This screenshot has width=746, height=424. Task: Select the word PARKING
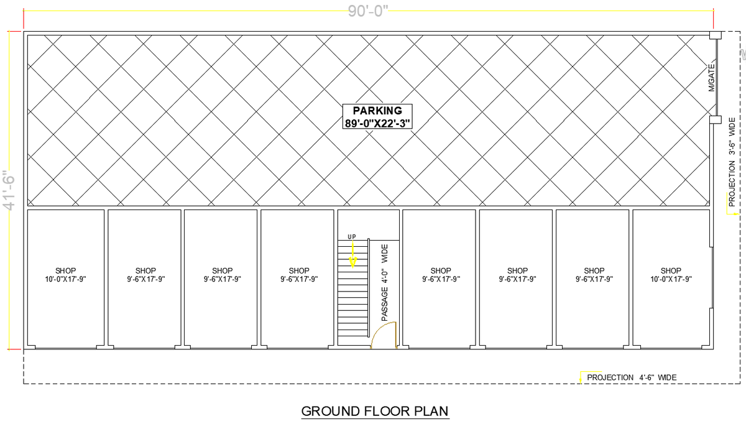pos(377,111)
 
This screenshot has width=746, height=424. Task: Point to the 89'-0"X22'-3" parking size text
pos(377,123)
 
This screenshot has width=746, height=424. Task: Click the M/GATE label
pos(712,78)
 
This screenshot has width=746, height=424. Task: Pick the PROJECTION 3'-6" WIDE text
pos(732,162)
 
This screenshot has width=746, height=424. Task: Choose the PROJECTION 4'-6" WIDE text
pos(632,377)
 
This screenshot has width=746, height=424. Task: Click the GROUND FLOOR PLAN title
pos(375,411)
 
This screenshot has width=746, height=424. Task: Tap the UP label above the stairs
pos(352,237)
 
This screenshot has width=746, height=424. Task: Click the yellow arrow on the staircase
pos(352,254)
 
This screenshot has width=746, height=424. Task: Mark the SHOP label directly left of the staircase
pos(299,270)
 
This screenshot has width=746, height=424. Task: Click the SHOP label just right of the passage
pos(441,270)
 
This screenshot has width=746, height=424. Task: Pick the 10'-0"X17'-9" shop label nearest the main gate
pos(671,279)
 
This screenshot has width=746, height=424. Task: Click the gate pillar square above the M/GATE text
pos(716,35)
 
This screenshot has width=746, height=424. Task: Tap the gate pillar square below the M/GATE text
pos(716,119)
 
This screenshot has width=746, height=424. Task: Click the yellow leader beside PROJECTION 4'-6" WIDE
pos(581,376)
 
